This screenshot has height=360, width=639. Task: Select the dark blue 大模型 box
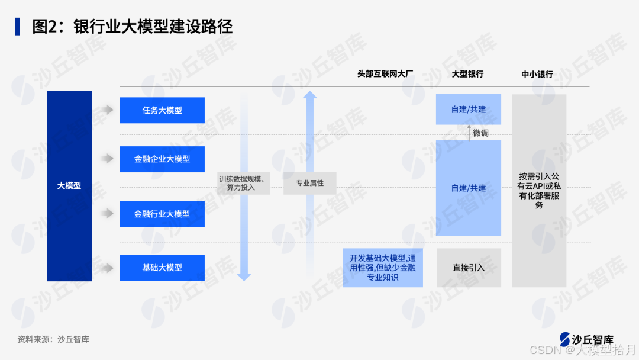(69, 185)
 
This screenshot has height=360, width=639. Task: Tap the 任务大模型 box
(162, 110)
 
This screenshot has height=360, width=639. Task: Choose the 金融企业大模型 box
(162, 159)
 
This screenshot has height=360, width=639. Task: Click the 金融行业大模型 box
(162, 214)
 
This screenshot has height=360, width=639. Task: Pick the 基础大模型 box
(162, 268)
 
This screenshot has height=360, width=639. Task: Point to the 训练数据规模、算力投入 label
(244, 183)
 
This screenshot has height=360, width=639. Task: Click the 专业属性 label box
(310, 183)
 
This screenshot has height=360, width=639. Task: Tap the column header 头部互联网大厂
(385, 74)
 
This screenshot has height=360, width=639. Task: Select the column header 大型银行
(467, 74)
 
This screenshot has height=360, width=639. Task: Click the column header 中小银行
(537, 74)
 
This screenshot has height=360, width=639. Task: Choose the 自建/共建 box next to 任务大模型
(468, 110)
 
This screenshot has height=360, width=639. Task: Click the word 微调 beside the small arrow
(480, 133)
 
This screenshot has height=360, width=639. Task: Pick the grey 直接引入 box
(469, 268)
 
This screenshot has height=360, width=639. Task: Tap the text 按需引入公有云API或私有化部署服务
(539, 191)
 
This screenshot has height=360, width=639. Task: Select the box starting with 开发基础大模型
(383, 268)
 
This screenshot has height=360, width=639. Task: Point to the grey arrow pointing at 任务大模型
(106, 110)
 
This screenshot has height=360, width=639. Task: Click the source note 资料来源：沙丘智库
(53, 339)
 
